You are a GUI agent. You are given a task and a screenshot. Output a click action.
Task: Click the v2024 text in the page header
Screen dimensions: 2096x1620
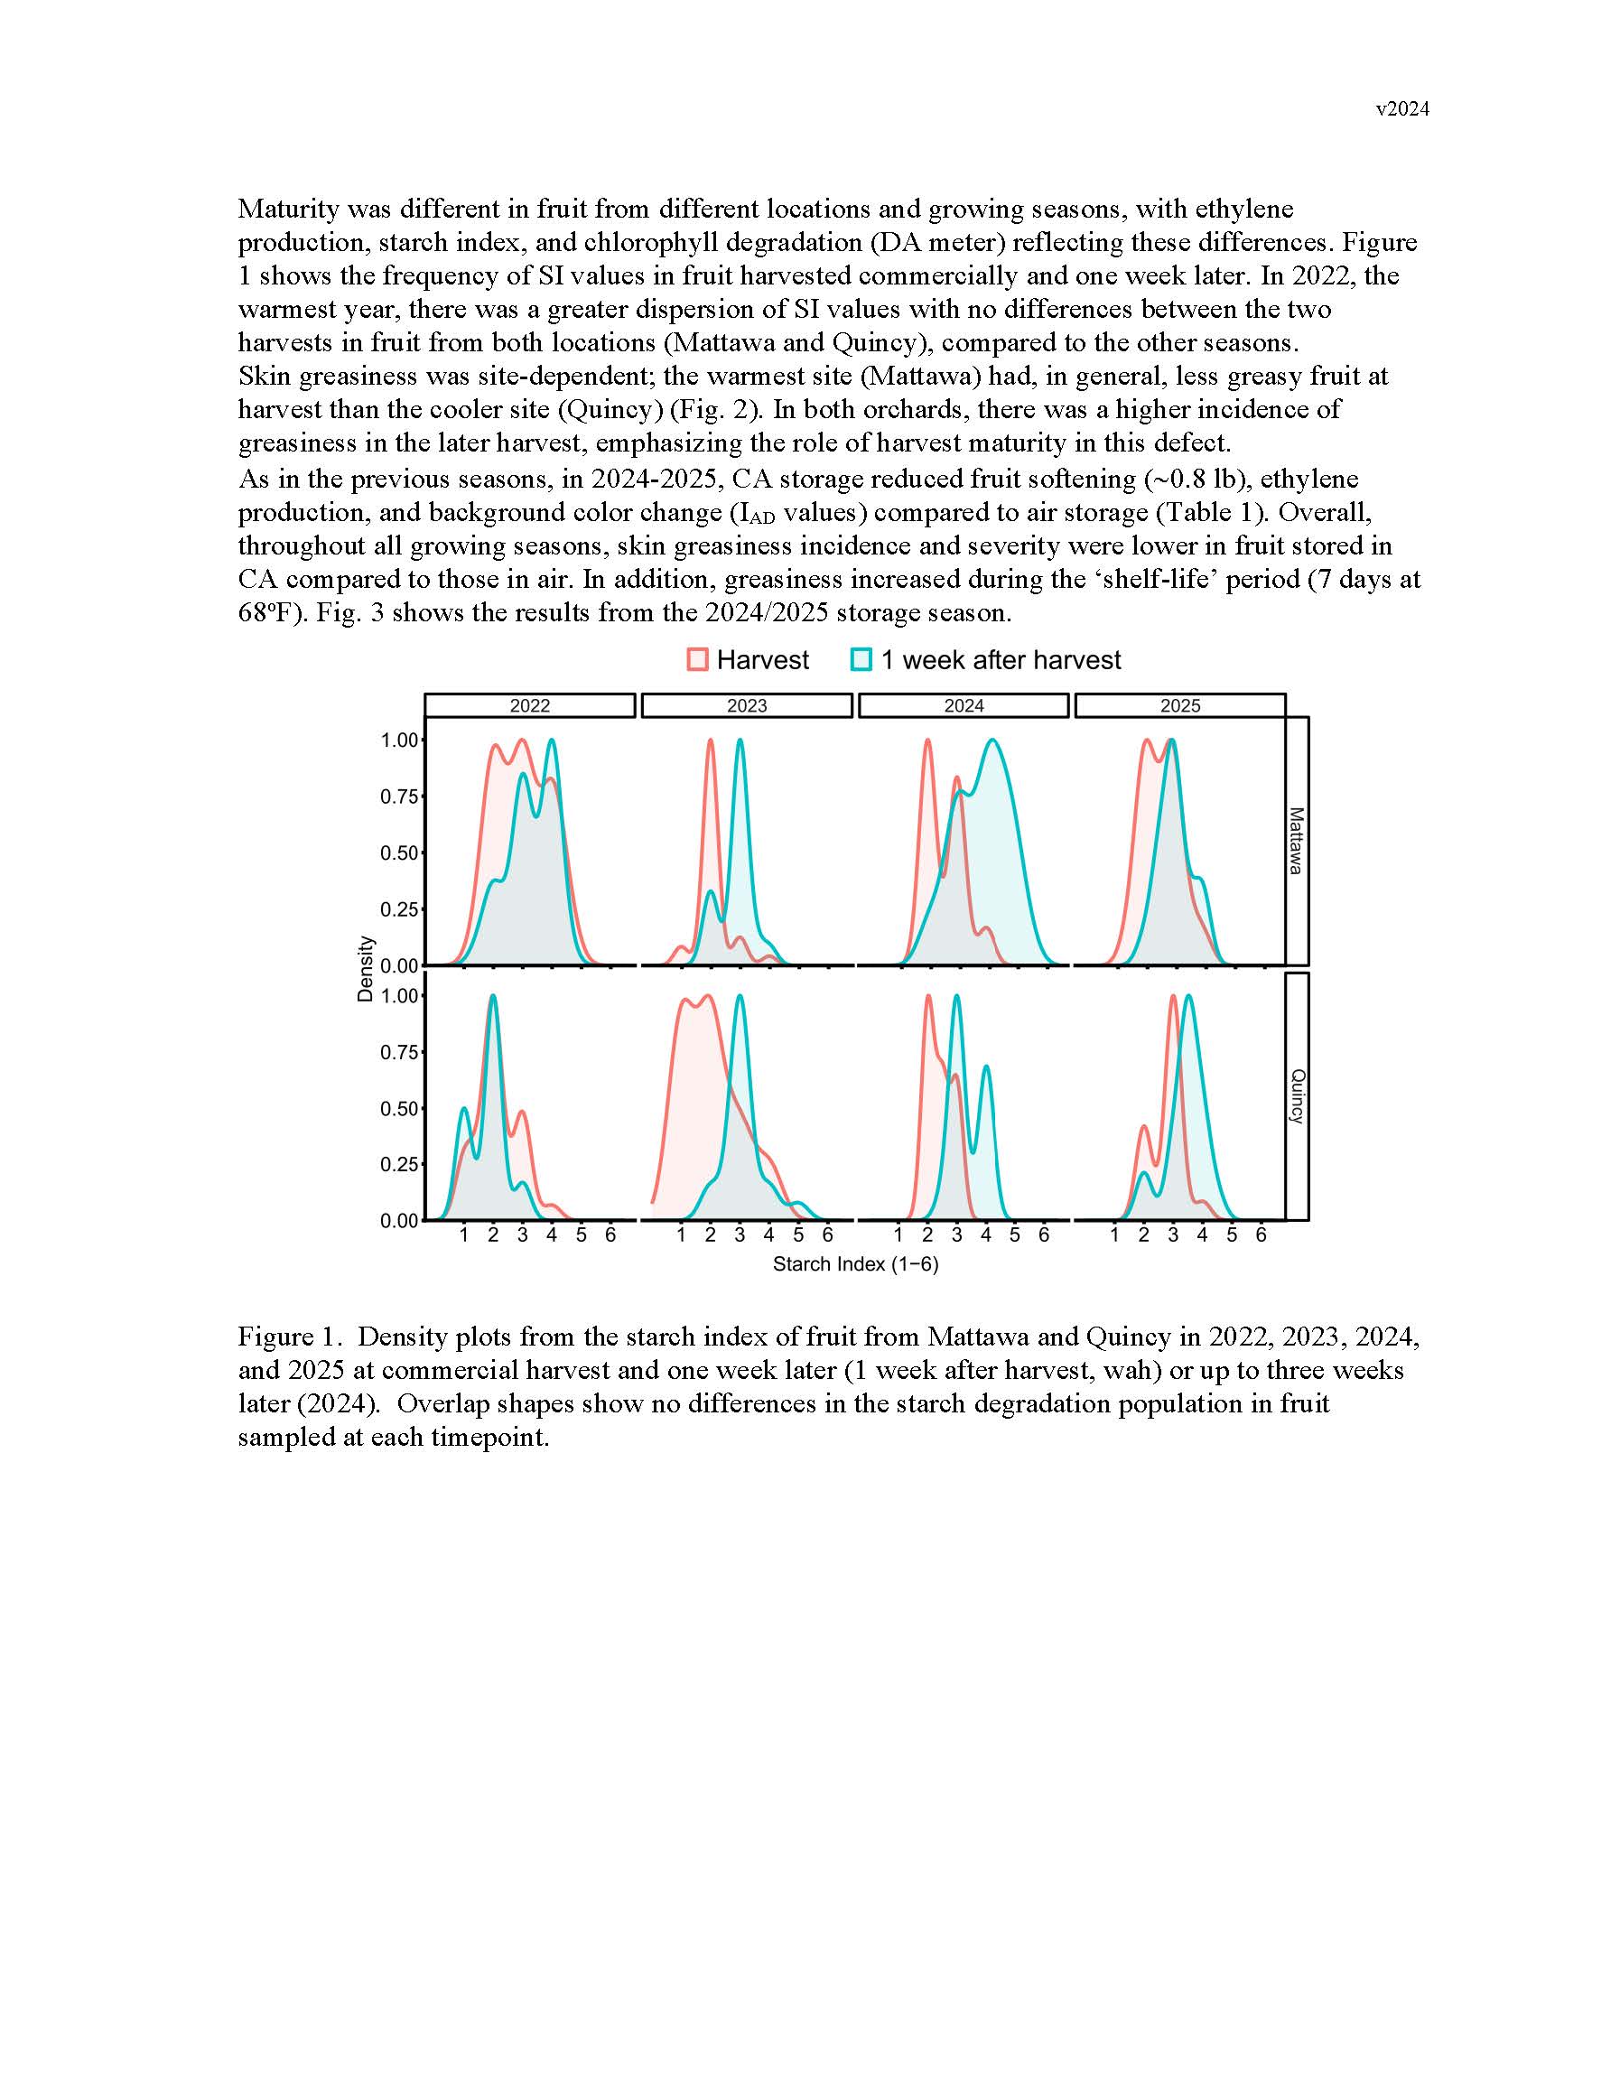tap(1402, 109)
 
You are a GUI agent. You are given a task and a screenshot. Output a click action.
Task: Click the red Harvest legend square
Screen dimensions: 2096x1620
tap(698, 660)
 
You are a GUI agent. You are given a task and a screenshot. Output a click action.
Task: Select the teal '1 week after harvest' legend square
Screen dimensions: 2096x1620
tap(861, 660)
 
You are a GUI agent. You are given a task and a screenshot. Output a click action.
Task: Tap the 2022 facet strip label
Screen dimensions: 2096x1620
tap(530, 706)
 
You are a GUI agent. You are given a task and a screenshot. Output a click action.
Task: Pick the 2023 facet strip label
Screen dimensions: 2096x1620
tap(747, 706)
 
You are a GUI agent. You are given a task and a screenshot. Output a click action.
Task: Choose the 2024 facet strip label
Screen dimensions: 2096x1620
tap(964, 706)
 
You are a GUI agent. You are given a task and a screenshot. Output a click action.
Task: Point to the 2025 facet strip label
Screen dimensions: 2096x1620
tap(1179, 706)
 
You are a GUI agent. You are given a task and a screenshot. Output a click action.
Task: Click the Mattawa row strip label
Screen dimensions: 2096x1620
tap(1297, 841)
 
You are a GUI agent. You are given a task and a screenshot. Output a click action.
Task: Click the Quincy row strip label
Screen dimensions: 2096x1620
tap(1297, 1096)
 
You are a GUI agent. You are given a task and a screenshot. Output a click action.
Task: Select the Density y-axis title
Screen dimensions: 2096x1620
tap(366, 969)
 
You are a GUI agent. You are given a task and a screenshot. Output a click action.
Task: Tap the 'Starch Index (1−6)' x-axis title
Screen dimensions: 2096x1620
tap(855, 1264)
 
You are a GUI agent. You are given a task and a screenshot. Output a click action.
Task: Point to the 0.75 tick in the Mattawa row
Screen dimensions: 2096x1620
tap(399, 796)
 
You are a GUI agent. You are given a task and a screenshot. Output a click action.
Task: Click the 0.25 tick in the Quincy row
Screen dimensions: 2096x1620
tap(399, 1164)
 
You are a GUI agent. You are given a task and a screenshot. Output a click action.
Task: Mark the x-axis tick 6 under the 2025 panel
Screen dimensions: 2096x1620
tap(1262, 1235)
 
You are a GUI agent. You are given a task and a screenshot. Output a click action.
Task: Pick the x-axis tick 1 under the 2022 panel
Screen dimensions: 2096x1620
tap(463, 1235)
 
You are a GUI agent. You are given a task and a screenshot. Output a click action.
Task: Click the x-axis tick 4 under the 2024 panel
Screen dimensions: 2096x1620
tap(985, 1235)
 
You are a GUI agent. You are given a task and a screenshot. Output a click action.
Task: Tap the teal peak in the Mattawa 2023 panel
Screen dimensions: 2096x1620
tap(740, 741)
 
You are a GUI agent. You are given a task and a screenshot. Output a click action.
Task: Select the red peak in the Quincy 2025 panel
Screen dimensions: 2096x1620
tap(1173, 997)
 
